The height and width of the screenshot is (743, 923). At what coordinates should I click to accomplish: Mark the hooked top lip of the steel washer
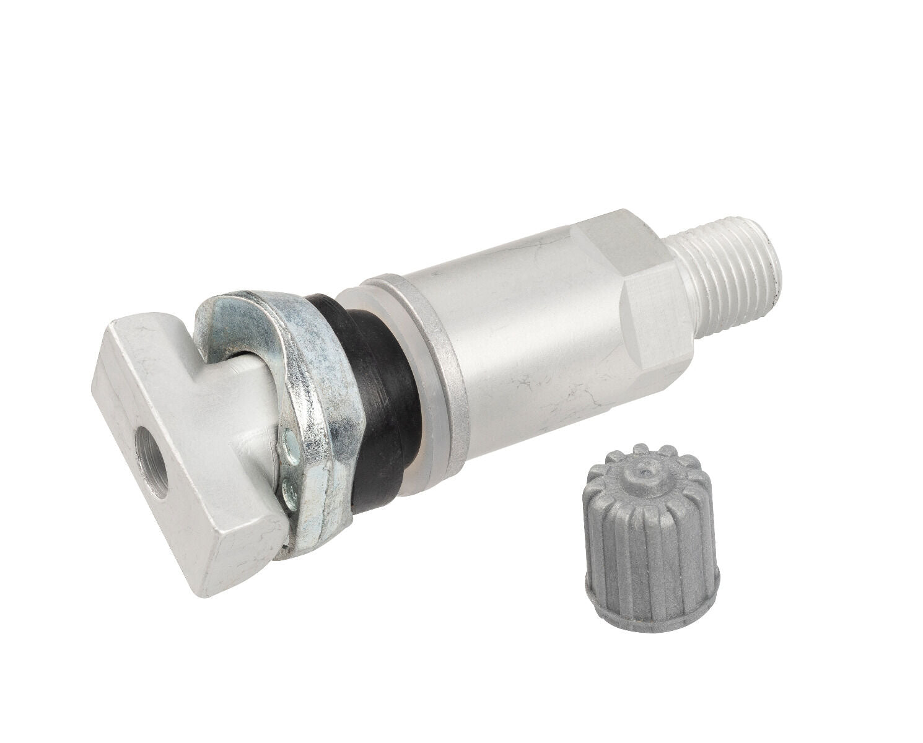(x=248, y=297)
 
